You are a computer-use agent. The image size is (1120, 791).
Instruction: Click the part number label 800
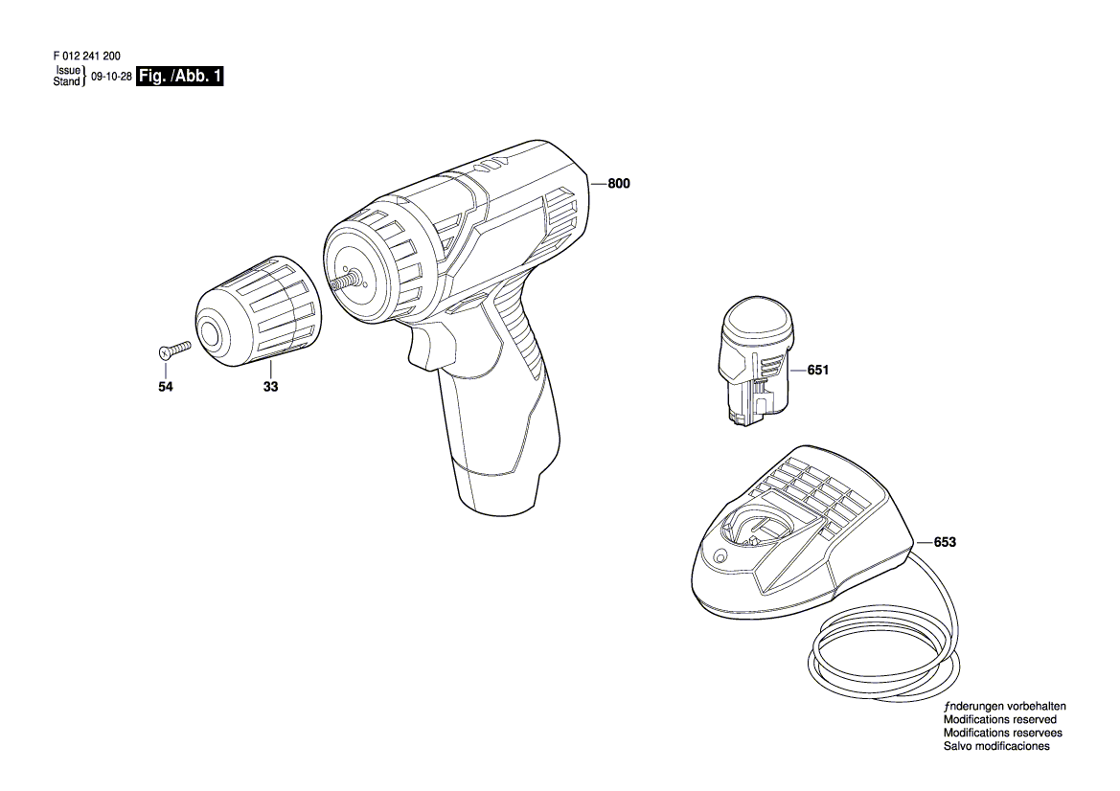(619, 184)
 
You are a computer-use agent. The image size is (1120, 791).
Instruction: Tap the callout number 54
(166, 387)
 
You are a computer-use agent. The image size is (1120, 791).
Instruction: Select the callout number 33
(271, 387)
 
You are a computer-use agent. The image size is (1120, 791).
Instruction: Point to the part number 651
(818, 370)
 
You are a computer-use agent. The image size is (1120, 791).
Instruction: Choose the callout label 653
(945, 542)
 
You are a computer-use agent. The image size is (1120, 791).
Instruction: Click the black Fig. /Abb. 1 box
(180, 77)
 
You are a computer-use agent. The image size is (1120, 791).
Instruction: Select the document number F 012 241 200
(86, 56)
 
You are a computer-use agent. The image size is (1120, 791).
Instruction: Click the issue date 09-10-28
(111, 78)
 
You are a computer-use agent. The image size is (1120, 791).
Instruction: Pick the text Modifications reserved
(1000, 719)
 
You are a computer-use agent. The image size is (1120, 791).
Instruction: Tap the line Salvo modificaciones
(996, 746)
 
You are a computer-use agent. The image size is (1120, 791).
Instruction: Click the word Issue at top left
(68, 71)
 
